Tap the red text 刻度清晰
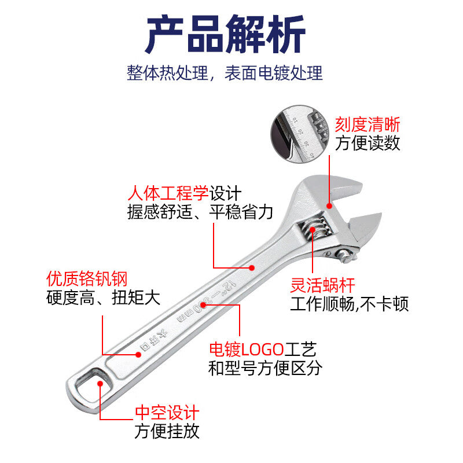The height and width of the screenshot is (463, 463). point(368,124)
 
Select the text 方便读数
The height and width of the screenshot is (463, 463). point(368,142)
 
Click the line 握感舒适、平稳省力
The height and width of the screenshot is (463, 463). point(200,212)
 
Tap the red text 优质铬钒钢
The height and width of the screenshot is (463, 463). point(86,279)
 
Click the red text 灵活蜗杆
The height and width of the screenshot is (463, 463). point(322,285)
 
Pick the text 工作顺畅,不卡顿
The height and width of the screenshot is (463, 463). point(349,304)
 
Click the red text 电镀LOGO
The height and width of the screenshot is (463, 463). point(246,349)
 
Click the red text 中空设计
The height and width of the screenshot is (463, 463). point(167,413)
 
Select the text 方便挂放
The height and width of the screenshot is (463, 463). point(167,431)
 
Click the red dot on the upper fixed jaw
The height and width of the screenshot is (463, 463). point(329,204)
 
